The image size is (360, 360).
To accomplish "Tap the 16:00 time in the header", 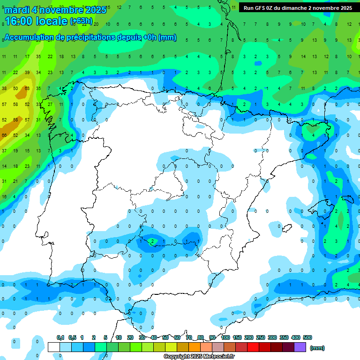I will (x=18, y=21).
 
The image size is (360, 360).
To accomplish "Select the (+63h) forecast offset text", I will (x=81, y=21).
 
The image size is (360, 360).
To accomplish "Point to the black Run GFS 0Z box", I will (x=298, y=7).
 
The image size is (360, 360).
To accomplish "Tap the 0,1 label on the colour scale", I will (x=60, y=337).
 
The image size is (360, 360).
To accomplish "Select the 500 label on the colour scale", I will (x=307, y=337).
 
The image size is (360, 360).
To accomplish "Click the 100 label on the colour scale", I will (x=225, y=337).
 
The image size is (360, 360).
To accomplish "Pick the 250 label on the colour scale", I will (x=261, y=337).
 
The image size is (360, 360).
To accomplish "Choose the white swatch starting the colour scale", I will (x=53, y=347).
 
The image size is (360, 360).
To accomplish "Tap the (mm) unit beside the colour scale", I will (x=317, y=348).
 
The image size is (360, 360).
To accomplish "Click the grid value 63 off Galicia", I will (x=27, y=88).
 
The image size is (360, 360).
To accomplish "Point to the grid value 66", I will (x=4, y=135).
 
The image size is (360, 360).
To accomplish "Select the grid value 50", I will (x=15, y=88).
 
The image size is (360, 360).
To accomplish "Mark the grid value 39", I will (x=27, y=72).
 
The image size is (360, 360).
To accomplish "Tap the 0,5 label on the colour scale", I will (x=72, y=337).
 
